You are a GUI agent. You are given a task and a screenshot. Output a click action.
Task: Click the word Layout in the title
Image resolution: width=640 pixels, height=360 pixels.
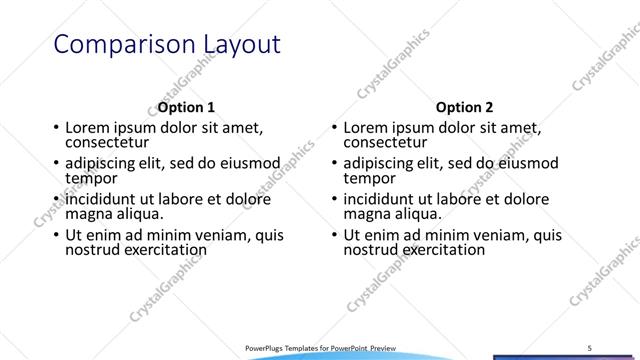click(x=233, y=45)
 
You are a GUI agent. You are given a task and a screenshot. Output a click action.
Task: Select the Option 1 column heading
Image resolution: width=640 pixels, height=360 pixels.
click(x=186, y=107)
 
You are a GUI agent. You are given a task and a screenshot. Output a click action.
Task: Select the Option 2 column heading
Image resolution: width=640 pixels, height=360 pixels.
click(x=465, y=107)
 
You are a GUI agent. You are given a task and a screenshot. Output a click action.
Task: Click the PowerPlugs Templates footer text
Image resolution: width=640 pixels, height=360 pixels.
click(x=320, y=347)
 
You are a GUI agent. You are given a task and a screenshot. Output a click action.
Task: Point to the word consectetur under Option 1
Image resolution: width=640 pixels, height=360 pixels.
click(x=108, y=143)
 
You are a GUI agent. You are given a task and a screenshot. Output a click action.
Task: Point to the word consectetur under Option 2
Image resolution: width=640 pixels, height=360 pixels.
click(x=386, y=143)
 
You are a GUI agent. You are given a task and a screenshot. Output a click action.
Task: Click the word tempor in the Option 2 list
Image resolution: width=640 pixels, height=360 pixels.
click(x=369, y=178)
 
